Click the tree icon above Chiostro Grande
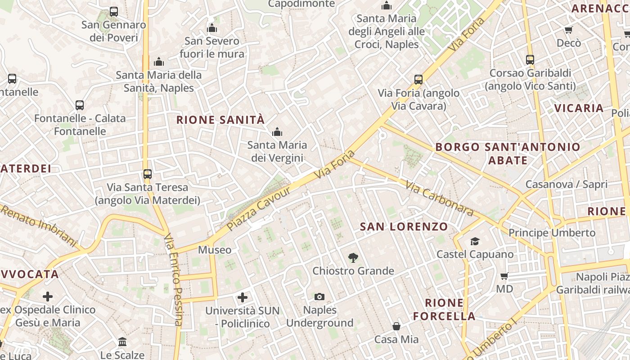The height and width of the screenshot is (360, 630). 353,258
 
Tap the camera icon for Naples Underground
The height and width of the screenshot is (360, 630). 319,297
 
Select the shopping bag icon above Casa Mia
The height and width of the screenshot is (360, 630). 396,326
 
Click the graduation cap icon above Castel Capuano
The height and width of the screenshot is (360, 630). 475,242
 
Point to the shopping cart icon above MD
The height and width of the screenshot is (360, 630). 504,276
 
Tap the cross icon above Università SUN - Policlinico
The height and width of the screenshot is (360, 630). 243,297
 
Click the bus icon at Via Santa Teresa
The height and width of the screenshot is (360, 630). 147,174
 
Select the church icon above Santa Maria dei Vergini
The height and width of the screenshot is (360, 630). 277,132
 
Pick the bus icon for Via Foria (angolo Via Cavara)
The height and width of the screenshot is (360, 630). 418,80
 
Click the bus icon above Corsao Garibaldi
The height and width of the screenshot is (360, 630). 530,60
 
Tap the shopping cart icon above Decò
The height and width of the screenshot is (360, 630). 569,30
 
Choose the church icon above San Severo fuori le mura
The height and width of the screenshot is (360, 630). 212,28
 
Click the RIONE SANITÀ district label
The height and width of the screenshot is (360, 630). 220,120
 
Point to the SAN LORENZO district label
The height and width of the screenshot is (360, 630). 404,227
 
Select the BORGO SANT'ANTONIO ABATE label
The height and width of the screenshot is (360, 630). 508,153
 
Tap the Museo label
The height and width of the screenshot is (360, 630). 215,250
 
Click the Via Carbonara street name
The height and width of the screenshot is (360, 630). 439,198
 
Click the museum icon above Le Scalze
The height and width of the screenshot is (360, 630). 122,342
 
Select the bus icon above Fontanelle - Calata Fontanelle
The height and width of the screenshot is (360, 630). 80,105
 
